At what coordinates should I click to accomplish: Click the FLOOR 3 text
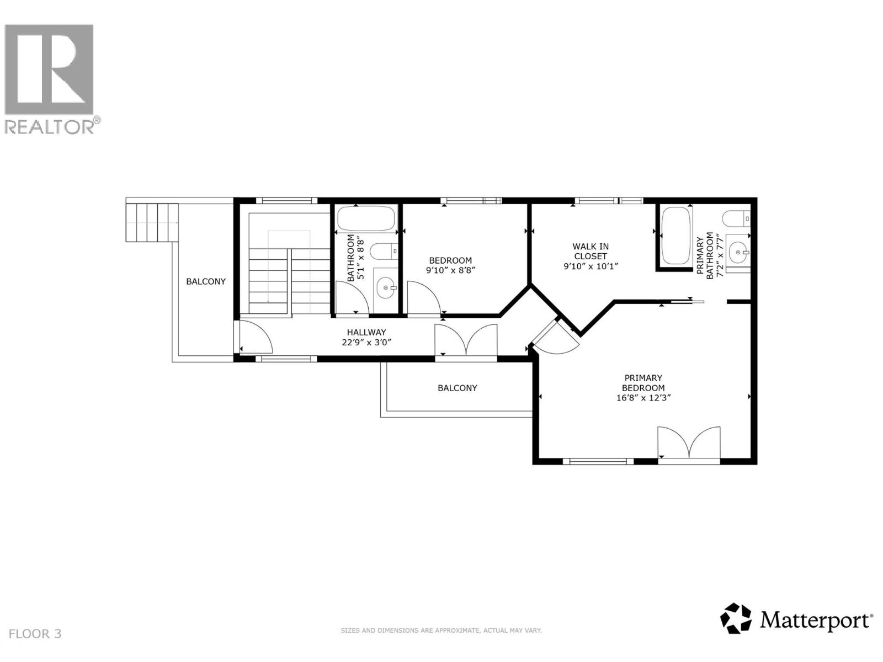pyautogui.click(x=35, y=634)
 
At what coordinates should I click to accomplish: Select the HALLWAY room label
pyautogui.click(x=366, y=332)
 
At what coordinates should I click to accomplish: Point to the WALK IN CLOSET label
pyautogui.click(x=591, y=251)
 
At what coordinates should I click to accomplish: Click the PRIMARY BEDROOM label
pyautogui.click(x=643, y=383)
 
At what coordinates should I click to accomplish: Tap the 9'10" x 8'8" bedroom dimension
pyautogui.click(x=450, y=270)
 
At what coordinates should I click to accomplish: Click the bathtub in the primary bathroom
pyautogui.click(x=675, y=236)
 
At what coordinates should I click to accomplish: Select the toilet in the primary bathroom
pyautogui.click(x=736, y=219)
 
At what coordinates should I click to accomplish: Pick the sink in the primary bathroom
pyautogui.click(x=738, y=252)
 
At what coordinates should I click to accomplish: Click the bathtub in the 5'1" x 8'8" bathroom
pyautogui.click(x=366, y=218)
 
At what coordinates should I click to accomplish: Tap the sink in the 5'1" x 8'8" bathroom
pyautogui.click(x=385, y=288)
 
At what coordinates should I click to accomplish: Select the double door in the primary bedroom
pyautogui.click(x=689, y=442)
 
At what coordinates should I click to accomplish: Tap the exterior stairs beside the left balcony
pyautogui.click(x=152, y=222)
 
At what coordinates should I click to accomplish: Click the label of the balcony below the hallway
pyautogui.click(x=458, y=388)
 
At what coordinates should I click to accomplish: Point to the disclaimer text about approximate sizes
pyautogui.click(x=441, y=631)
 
